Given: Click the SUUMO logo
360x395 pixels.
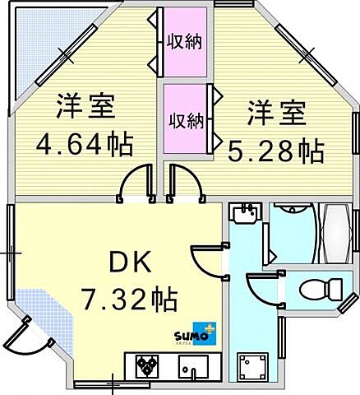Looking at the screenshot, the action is (x=196, y=333).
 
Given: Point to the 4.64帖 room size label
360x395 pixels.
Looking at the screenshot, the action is (x=85, y=144).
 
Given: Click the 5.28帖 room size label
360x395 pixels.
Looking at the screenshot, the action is (x=276, y=151).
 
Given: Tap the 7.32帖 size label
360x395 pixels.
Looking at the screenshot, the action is (x=129, y=299).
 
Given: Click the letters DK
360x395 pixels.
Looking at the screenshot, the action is (x=131, y=262).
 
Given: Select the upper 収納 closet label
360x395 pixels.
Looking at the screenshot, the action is (x=185, y=42).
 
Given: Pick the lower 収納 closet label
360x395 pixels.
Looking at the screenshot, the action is (x=187, y=121).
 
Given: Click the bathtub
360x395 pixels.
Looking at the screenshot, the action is (x=335, y=234).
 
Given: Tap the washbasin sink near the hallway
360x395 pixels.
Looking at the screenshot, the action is (x=245, y=212).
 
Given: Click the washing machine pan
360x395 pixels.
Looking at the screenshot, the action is (x=252, y=366).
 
